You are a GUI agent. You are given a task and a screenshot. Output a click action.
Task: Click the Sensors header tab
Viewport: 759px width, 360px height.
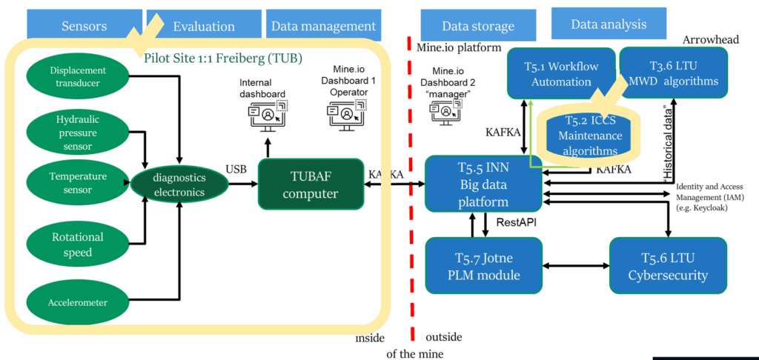84,26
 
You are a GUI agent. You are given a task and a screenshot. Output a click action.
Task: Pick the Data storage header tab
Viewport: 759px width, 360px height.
477,26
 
